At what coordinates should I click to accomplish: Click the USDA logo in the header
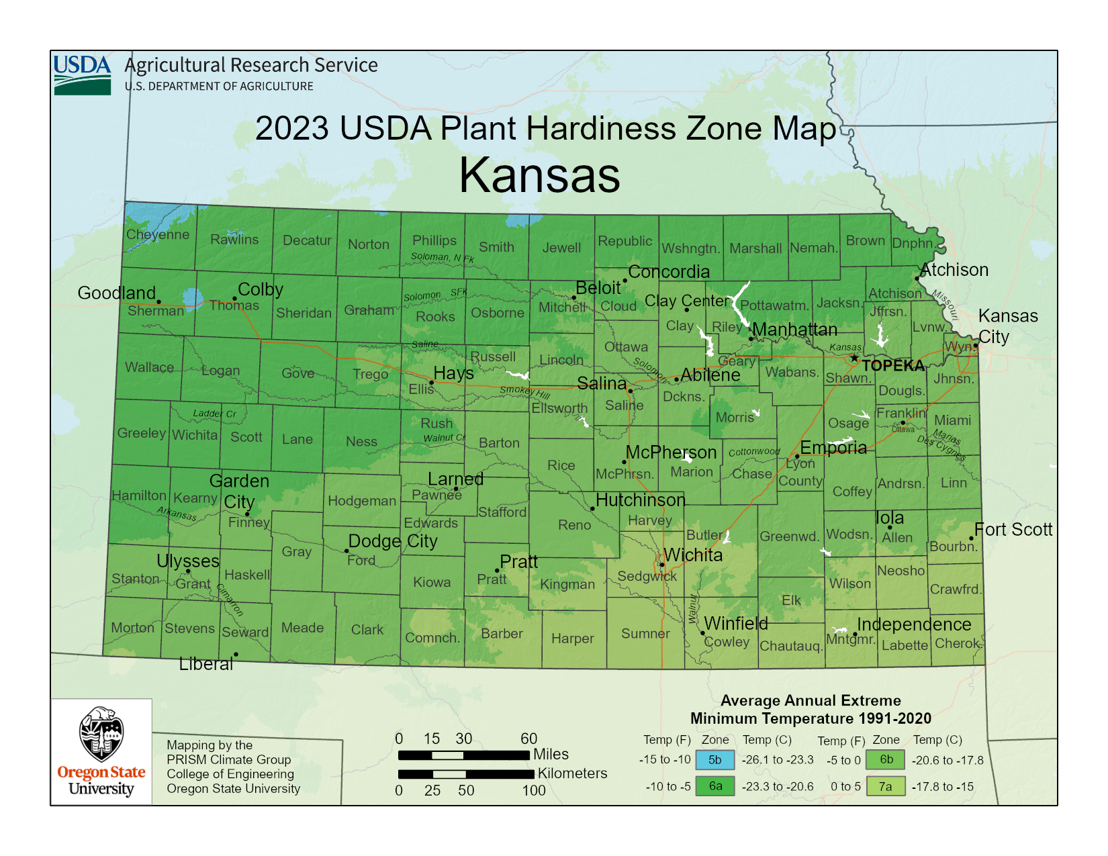point(82,75)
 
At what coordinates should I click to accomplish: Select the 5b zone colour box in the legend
point(715,760)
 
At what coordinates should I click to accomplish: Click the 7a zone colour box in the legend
point(886,786)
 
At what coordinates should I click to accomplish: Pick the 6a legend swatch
point(715,786)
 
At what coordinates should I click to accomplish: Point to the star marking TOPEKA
point(854,359)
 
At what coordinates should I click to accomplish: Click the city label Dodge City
point(393,541)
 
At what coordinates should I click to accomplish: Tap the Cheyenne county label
point(158,234)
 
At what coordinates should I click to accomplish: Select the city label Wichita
point(693,555)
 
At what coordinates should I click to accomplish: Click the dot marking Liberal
point(236,655)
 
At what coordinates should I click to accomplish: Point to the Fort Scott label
point(1013,530)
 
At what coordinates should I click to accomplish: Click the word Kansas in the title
point(539,175)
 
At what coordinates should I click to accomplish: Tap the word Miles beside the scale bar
point(551,754)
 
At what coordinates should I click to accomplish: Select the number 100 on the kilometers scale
point(534,790)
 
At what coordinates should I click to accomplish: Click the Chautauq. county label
point(791,646)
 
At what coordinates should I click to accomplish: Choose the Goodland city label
point(117,293)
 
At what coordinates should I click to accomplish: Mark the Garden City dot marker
point(247,514)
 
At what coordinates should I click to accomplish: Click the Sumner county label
point(645,633)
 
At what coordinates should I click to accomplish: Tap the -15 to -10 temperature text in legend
point(665,760)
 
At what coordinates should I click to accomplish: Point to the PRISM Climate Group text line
point(229,759)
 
